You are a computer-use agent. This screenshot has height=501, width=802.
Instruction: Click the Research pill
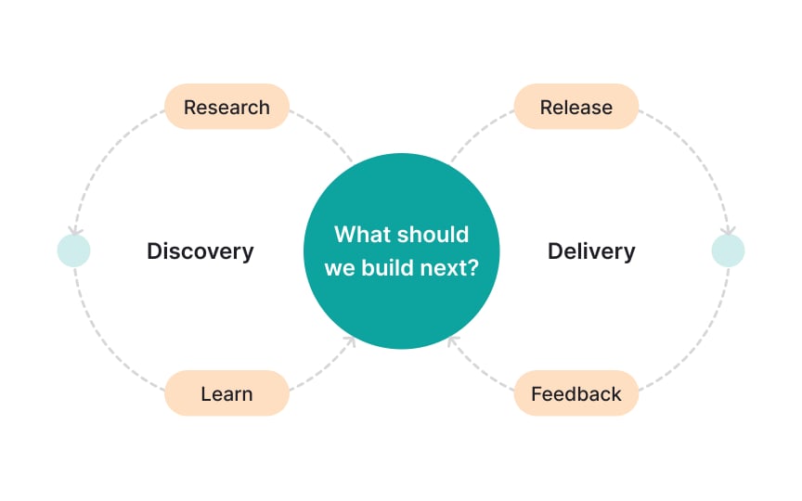[226, 107]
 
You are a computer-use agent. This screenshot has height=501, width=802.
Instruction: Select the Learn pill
[226, 393]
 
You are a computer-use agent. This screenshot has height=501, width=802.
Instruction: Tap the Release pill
[576, 107]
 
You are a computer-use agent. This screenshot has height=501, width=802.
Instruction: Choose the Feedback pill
[576, 393]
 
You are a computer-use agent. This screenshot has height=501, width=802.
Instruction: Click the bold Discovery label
[200, 250]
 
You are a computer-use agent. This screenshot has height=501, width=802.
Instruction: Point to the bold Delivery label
[591, 250]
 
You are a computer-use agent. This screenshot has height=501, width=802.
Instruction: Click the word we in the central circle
[340, 269]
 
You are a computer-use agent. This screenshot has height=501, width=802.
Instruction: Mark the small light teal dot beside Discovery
[73, 250]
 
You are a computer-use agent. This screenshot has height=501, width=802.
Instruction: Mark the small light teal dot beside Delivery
[728, 250]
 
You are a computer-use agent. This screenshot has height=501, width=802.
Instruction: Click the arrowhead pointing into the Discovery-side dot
[74, 230]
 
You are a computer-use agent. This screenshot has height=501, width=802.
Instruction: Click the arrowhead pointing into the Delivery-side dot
[729, 230]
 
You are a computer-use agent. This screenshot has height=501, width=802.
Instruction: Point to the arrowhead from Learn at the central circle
[350, 341]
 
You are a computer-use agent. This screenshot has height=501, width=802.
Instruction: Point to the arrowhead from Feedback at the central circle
[452, 341]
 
